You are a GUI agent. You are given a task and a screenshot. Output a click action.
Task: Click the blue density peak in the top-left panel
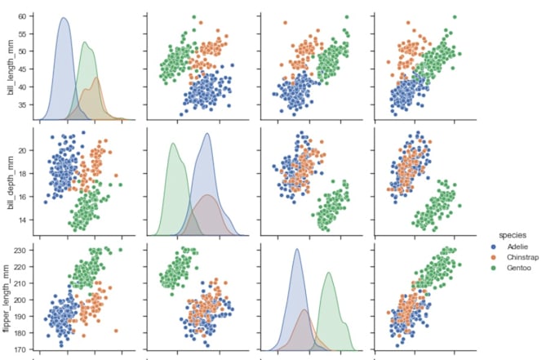click(x=64, y=18)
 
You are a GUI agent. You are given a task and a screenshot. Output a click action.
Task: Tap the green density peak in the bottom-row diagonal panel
click(x=329, y=273)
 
